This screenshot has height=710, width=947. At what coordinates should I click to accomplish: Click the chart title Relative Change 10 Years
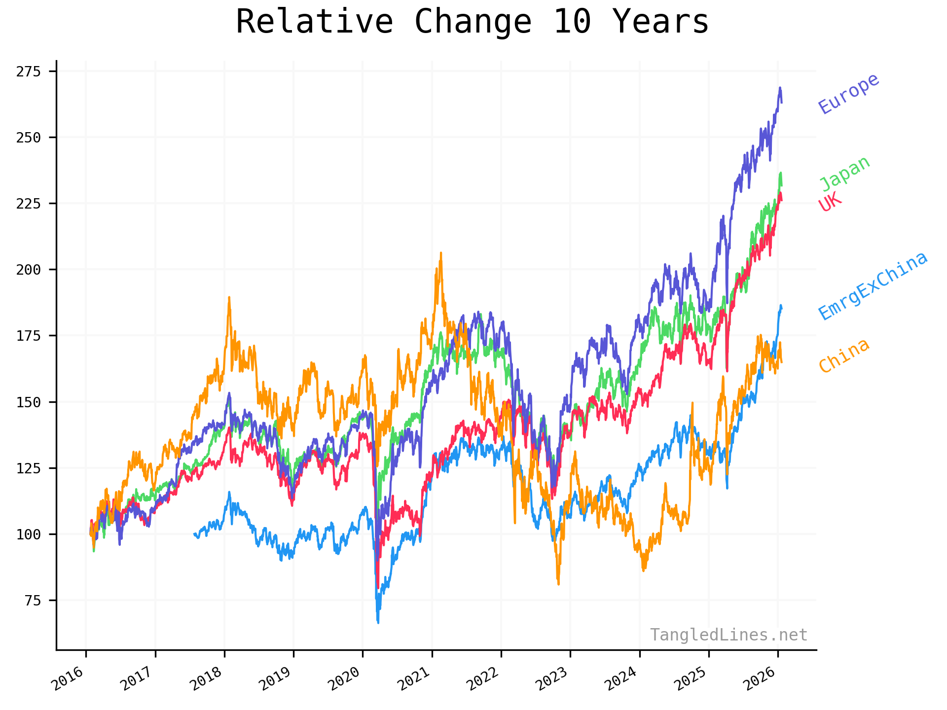point(473,22)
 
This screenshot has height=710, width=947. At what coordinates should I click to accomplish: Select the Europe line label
point(848,93)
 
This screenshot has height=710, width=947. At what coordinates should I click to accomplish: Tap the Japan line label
point(844,174)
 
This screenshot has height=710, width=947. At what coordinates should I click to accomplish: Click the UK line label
point(830,202)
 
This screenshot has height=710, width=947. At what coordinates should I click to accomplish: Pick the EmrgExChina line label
point(873,285)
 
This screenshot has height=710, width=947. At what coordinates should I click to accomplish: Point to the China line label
point(844,355)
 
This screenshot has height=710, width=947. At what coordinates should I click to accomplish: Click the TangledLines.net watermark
point(728,635)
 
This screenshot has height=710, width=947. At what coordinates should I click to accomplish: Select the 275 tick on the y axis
point(28,71)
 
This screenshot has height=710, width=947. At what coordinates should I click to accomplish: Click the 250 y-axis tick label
point(28,138)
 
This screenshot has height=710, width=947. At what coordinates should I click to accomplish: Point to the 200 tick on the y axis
point(28,270)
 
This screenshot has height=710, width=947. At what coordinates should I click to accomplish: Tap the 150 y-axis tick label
point(28,402)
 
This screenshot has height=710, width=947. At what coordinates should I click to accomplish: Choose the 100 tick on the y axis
point(28,534)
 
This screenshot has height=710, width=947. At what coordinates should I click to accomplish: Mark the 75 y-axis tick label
point(32,600)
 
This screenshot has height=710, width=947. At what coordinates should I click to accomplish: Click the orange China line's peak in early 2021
point(441,253)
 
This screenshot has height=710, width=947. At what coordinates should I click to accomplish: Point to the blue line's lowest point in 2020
point(378,622)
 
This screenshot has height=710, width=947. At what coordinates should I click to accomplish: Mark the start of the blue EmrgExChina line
point(194,534)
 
